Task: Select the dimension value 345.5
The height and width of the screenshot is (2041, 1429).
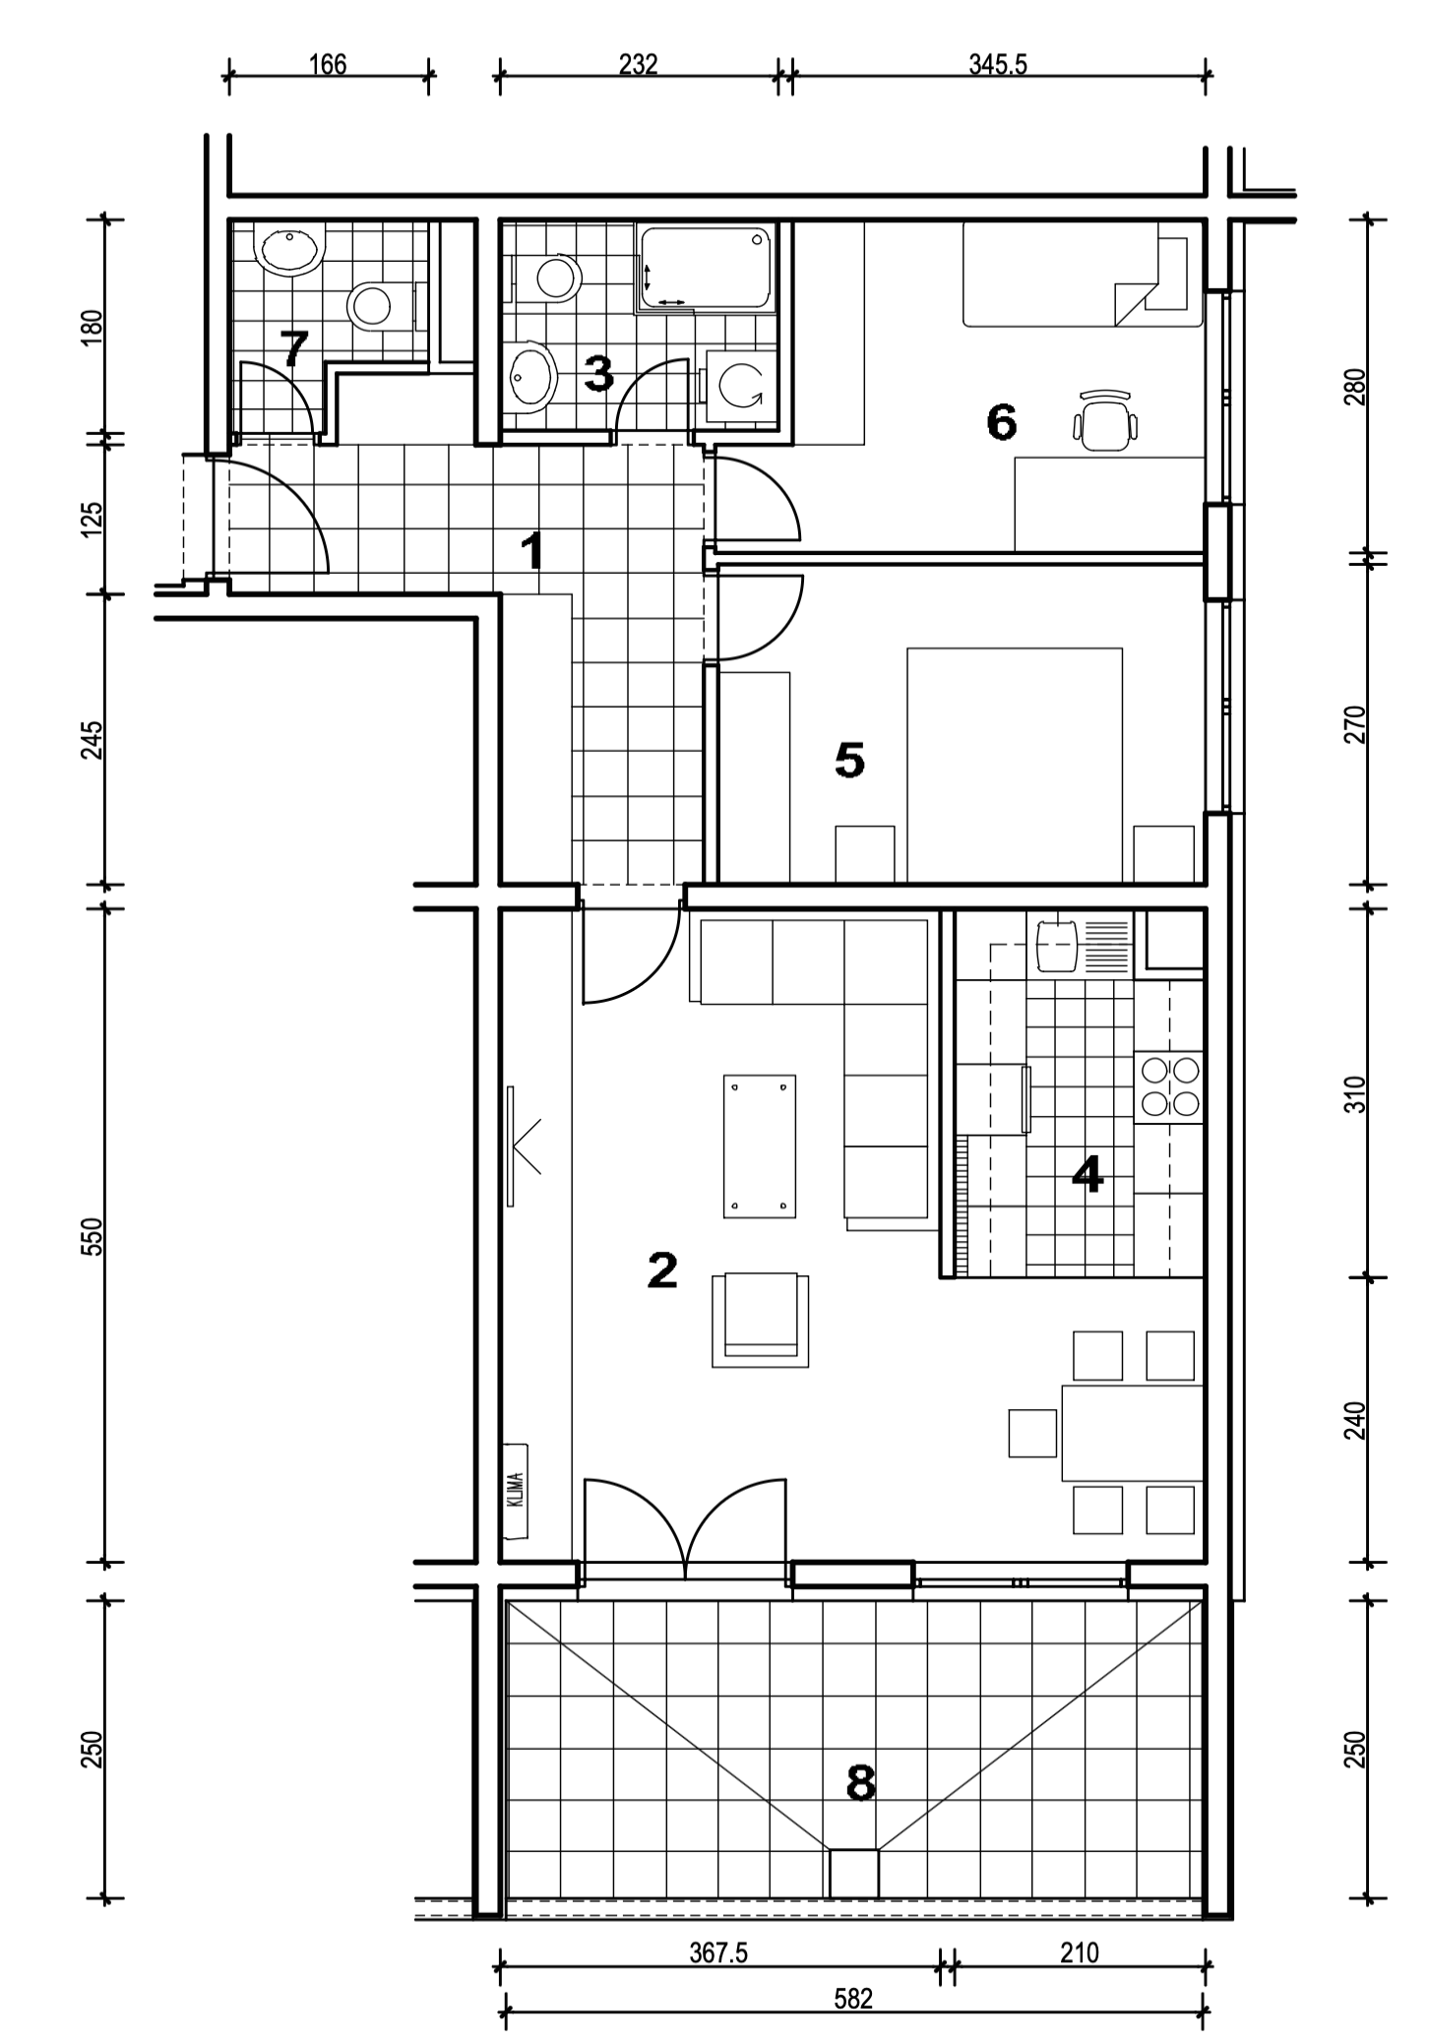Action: [x=998, y=65]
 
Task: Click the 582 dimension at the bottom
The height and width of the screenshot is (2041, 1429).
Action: [x=853, y=2000]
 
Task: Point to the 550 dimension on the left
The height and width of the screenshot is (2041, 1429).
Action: [x=93, y=1236]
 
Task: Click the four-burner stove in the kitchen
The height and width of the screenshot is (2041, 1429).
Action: [x=1169, y=1087]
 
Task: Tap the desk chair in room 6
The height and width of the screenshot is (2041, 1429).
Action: [x=1105, y=419]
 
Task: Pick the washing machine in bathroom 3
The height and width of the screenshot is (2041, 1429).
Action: [x=737, y=386]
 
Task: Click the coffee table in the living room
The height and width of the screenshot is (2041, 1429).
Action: [x=759, y=1145]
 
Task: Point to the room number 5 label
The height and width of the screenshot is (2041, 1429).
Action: [x=849, y=760]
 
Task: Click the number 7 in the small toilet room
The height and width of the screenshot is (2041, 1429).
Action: [x=294, y=349]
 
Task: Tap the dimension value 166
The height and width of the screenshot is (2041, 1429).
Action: [x=328, y=65]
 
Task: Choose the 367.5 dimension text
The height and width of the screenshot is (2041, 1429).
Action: [x=718, y=1952]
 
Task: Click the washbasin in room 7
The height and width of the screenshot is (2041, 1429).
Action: [x=289, y=250]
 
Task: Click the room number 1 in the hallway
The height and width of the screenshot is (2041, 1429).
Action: [x=531, y=551]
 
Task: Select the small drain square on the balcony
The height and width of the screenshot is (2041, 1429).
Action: [x=853, y=1875]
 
